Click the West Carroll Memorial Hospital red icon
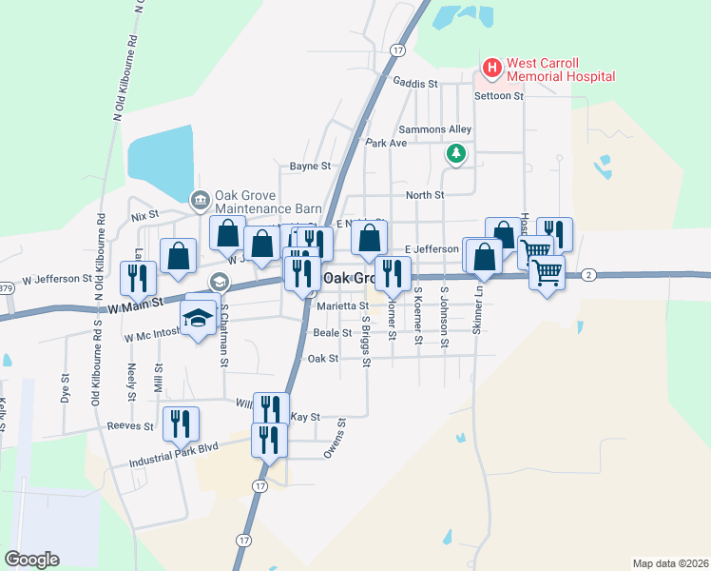pos(491,68)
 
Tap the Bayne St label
pos(310,166)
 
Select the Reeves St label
pos(131,426)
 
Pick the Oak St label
pos(323,359)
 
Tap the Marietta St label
pos(342,306)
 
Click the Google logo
pos(31,559)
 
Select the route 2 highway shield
pos(589,275)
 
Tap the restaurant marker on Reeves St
pos(180,422)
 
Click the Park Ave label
pos(386,143)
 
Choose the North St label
pos(425,195)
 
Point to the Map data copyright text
pos(669,563)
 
